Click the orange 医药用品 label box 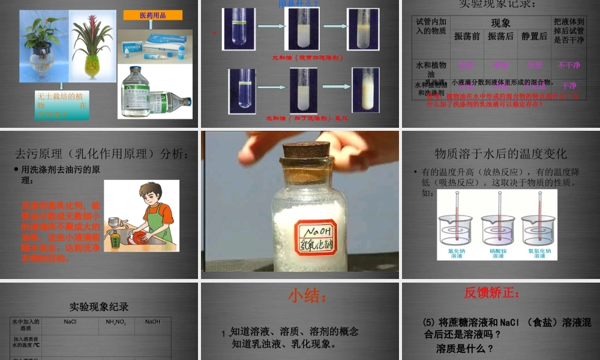click(x=152, y=15)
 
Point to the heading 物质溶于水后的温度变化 click(x=500, y=154)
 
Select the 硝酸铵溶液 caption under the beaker click(x=498, y=253)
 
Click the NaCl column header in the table click(x=70, y=322)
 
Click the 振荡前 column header click(x=467, y=36)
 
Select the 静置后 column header click(x=534, y=36)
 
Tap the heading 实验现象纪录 click(x=99, y=307)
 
